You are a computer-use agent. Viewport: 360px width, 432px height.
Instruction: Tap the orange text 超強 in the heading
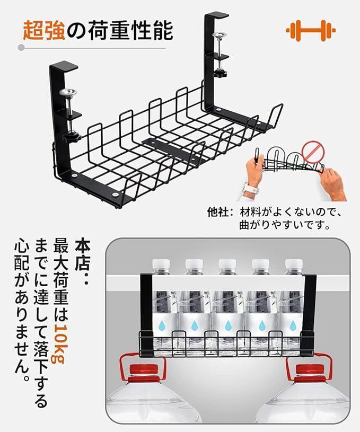(42, 31)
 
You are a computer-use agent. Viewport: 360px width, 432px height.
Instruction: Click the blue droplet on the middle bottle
(227, 325)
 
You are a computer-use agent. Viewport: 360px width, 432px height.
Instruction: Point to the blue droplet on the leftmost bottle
(162, 325)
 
